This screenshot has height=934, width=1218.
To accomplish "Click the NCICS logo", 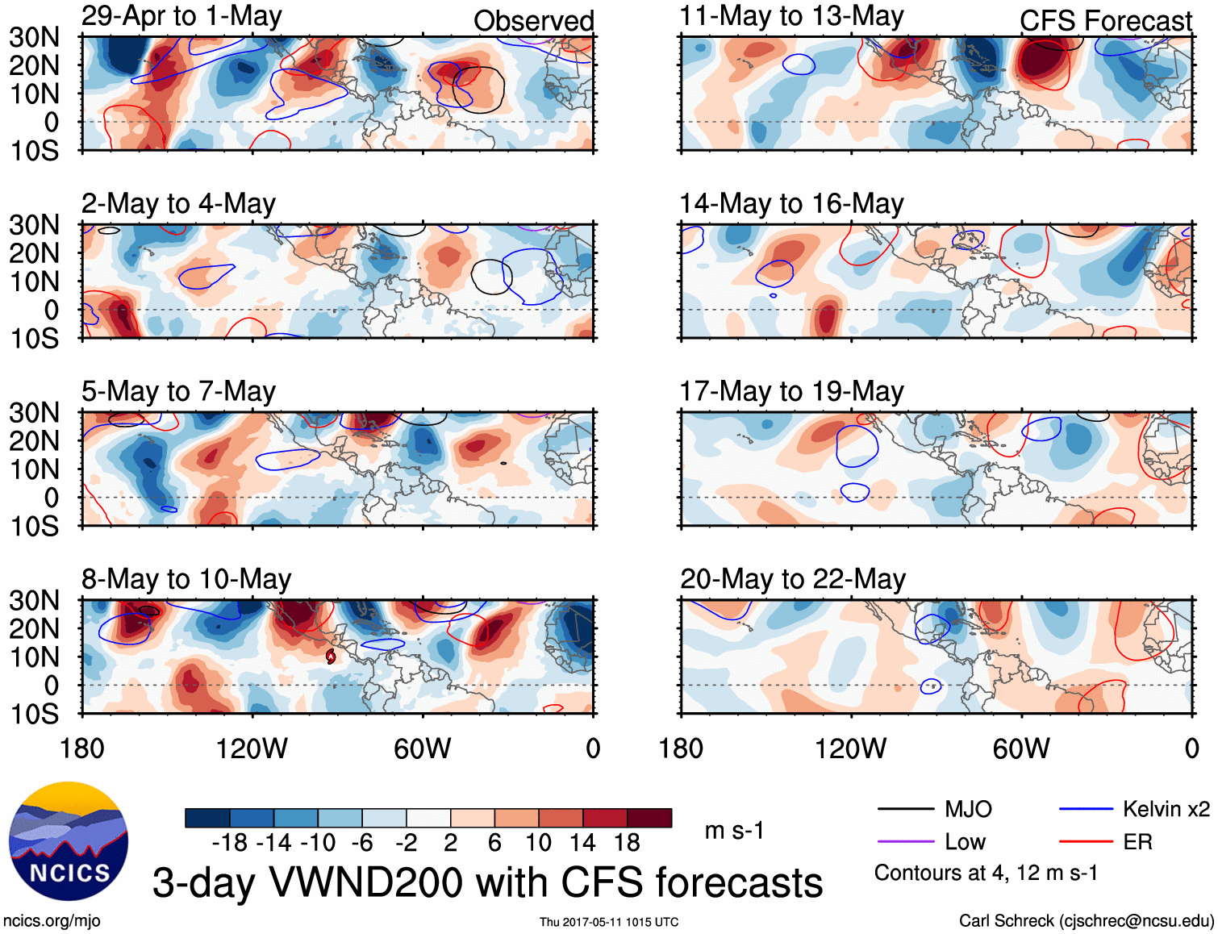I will coord(69,841).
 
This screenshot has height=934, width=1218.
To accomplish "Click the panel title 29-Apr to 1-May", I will coord(181,16).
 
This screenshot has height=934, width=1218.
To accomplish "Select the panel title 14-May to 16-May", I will coord(791,204).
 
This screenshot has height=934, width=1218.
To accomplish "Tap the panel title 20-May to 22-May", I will coord(793,579).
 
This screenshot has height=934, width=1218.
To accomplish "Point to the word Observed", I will coord(533,21).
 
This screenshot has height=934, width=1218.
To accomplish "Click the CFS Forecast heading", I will coord(1105,21).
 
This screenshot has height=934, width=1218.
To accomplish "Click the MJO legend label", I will coord(968,809).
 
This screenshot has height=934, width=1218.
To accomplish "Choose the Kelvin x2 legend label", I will coord(1166,809).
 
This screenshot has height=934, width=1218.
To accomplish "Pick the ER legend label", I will coord(1137,842).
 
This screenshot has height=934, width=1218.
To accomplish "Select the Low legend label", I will coord(965,842).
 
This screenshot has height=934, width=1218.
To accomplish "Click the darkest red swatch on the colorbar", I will coord(649,818).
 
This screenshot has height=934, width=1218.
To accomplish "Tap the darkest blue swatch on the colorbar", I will coord(207,818).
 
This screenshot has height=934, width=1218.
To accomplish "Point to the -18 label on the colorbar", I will coord(230,843).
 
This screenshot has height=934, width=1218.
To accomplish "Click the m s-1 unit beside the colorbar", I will coord(734,830).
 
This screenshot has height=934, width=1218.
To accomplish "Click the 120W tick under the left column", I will coord(252,748).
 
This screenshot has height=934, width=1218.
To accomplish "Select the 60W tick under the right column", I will coord(1021,748).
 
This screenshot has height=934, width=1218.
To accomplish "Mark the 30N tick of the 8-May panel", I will coord(35,600).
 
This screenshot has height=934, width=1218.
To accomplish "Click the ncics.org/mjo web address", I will coord(52,921).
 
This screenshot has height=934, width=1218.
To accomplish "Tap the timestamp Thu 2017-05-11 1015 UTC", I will coord(609,922).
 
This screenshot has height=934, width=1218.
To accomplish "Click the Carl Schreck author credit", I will coord(1086,921).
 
